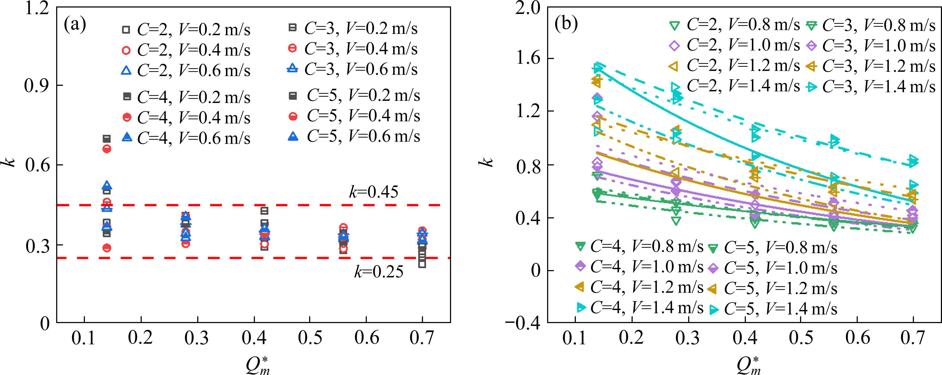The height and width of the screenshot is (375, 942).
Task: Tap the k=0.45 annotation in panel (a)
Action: click(x=373, y=192)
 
